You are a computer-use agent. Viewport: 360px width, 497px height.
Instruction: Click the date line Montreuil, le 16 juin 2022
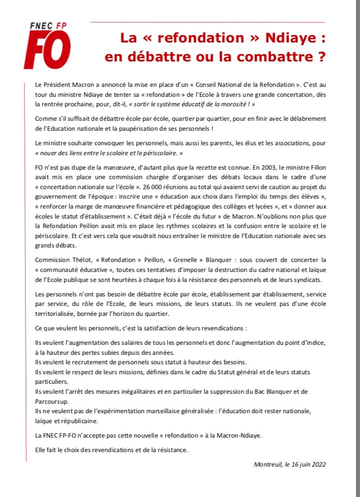coord(289,465)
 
